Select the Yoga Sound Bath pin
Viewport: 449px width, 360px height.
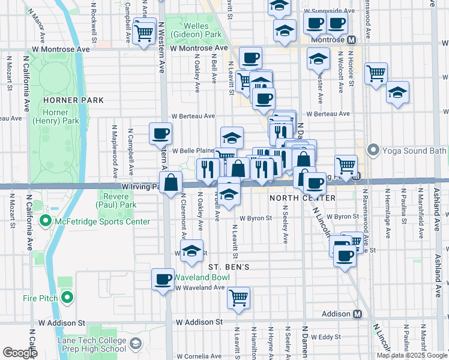pyautogui.click(x=373, y=149)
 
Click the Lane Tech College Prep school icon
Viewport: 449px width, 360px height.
pyautogui.click(x=136, y=344)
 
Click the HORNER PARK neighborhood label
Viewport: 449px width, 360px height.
pyautogui.click(x=77, y=100)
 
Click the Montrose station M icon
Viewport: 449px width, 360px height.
pyautogui.click(x=352, y=39)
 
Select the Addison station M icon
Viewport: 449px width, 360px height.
pyautogui.click(x=358, y=314)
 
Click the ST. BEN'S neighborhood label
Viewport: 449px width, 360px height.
pyautogui.click(x=228, y=266)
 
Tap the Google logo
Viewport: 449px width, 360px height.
pyautogui.click(x=19, y=353)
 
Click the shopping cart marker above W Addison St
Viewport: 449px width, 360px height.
pyautogui.click(x=239, y=297)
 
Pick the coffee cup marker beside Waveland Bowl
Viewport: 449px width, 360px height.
pyautogui.click(x=163, y=279)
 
